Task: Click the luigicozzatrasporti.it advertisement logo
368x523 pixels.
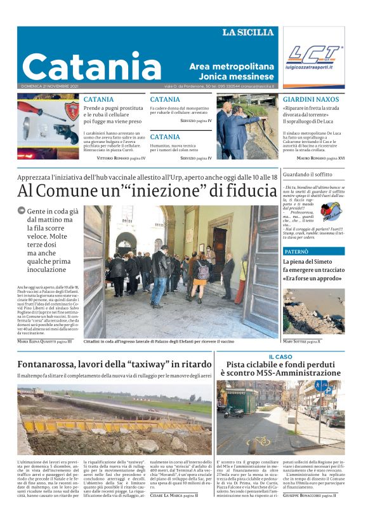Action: [x=313, y=57]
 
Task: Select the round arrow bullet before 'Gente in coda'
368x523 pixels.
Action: [x=22, y=210]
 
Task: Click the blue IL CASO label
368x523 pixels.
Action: [x=280, y=357]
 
